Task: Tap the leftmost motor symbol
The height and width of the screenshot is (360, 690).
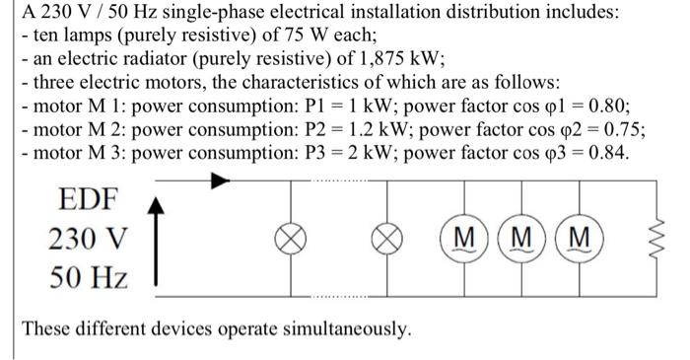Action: [460, 239]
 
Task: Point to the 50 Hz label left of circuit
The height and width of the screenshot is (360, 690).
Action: [87, 277]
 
